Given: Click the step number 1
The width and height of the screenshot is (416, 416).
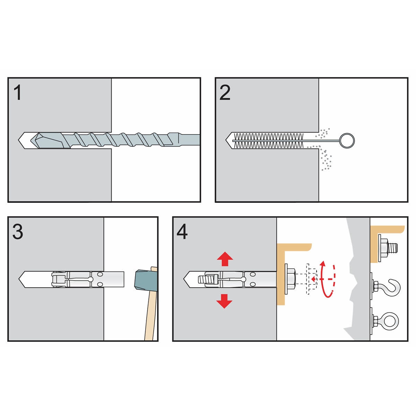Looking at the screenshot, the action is [18, 93].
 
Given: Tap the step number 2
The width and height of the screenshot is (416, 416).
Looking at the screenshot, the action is [225, 93].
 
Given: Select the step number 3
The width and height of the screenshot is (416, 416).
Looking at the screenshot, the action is [18, 232].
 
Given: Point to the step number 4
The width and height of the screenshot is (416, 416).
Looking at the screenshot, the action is [182, 232].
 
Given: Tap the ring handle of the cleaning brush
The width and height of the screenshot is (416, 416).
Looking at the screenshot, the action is [347, 140].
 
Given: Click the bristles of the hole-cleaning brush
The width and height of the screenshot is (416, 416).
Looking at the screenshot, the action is [269, 140].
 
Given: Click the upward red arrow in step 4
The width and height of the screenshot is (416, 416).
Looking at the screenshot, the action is [225, 259].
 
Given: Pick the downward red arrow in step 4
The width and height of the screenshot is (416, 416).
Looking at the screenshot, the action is [224, 301].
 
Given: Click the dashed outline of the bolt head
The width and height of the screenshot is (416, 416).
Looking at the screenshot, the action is [311, 279].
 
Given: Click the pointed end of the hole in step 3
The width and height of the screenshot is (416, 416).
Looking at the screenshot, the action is [19, 279].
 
